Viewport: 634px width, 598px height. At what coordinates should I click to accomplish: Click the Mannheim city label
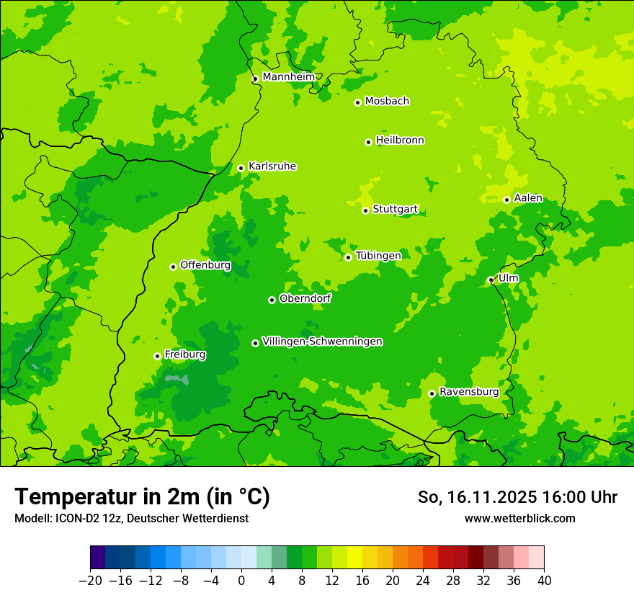click(288, 77)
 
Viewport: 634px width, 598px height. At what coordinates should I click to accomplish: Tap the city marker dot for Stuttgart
click(366, 210)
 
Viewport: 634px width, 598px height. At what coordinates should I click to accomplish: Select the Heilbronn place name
click(400, 140)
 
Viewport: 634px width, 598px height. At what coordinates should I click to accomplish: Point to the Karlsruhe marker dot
click(241, 168)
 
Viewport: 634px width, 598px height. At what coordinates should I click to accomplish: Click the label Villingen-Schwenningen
click(322, 342)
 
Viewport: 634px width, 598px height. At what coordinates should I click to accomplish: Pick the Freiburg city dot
click(157, 356)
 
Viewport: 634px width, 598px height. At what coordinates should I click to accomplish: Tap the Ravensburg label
click(469, 392)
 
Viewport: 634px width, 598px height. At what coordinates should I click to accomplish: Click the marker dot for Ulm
click(491, 280)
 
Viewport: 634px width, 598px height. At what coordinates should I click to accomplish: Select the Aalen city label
click(528, 198)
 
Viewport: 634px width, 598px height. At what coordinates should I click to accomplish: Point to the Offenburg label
click(205, 265)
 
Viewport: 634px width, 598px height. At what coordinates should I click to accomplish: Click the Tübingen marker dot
click(349, 257)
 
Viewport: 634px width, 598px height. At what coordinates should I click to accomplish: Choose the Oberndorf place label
click(305, 298)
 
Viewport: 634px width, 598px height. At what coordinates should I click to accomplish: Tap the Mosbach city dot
click(357, 102)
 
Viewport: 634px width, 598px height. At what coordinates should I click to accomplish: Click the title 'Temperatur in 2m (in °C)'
click(142, 496)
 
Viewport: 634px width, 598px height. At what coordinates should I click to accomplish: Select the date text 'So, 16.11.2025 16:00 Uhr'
click(517, 497)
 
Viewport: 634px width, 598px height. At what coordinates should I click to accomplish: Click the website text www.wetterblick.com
click(519, 518)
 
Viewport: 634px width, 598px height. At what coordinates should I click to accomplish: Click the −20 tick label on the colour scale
click(90, 581)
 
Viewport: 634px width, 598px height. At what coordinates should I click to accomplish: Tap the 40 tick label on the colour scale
click(544, 581)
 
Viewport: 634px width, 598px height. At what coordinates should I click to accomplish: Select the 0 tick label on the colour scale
click(241, 581)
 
